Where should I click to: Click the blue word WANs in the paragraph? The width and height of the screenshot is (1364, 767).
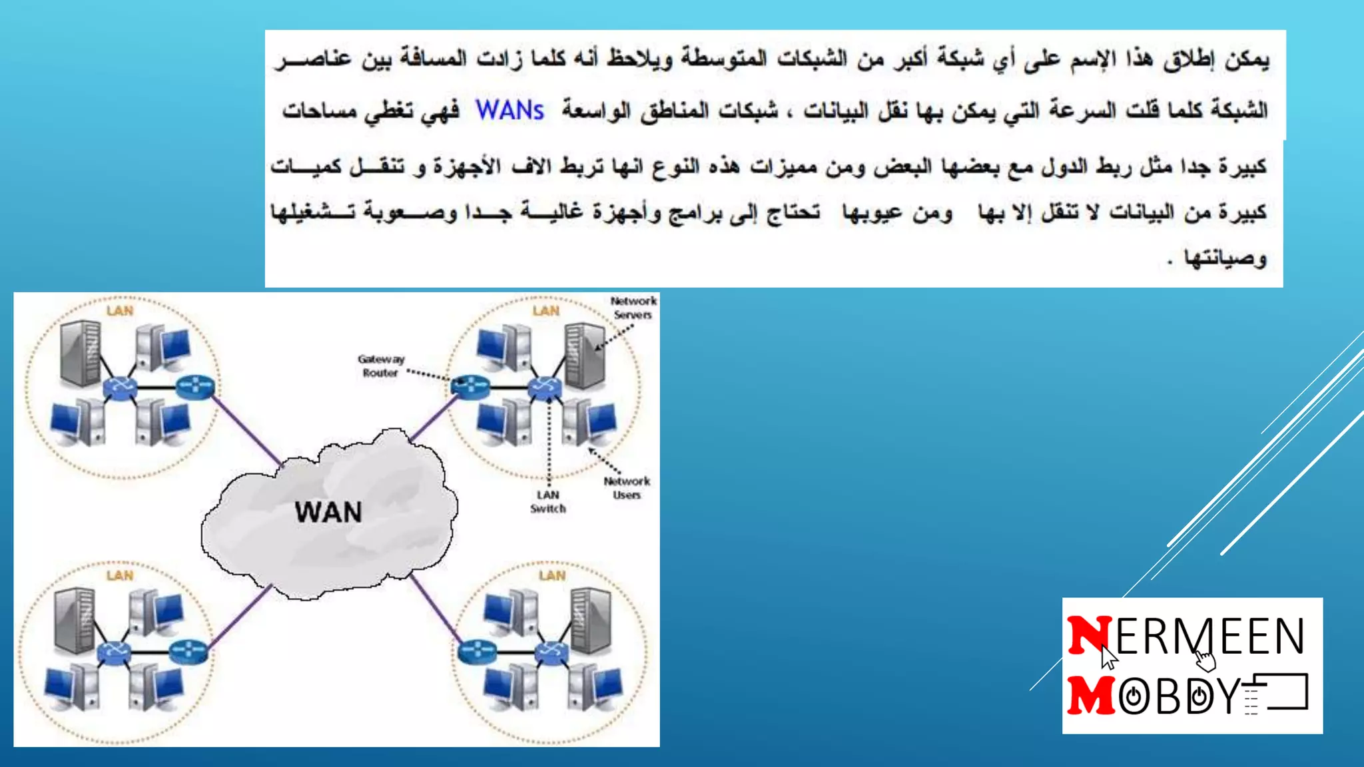(510, 111)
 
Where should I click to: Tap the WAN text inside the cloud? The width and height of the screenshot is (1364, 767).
(328, 512)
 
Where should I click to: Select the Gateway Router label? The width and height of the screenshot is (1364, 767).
(380, 366)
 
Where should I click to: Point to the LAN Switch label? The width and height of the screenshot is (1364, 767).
(547, 502)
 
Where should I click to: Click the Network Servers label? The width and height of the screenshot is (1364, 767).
(633, 308)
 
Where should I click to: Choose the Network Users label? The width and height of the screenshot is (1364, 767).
(627, 488)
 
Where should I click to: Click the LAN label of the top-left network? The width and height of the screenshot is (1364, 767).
(120, 311)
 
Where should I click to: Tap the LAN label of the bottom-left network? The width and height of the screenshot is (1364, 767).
(120, 575)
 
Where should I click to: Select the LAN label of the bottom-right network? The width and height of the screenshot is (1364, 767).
(552, 575)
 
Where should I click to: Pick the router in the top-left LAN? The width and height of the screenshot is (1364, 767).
(195, 386)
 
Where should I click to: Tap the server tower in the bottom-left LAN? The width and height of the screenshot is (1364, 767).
(74, 619)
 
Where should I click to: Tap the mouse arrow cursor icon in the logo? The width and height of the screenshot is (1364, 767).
(1108, 657)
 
